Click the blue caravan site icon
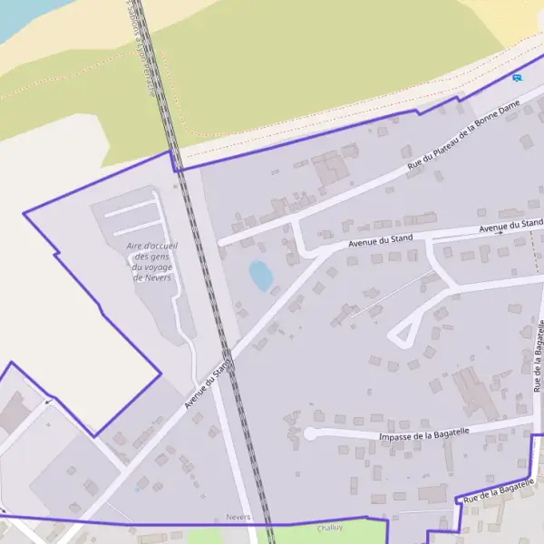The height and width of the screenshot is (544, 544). click(x=517, y=78)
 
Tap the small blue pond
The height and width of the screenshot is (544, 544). click(x=260, y=276)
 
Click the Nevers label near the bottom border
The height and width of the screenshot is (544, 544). click(x=238, y=518)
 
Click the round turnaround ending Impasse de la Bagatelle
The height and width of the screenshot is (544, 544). click(x=310, y=433)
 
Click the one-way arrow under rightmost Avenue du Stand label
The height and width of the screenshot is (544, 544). click(x=498, y=232)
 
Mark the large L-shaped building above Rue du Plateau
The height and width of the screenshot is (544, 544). click(x=331, y=169)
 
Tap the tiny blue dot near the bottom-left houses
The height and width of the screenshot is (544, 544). click(x=138, y=489)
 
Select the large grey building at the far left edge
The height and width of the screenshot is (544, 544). click(x=14, y=413)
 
